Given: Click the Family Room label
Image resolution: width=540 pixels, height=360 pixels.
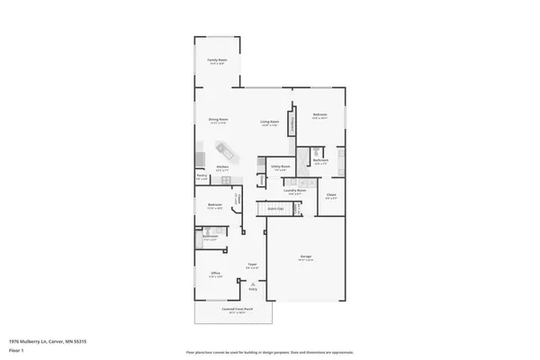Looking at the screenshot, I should coord(218,60).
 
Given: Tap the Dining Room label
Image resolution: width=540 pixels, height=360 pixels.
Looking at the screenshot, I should coord(218,121).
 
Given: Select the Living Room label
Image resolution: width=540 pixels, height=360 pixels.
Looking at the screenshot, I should coord(269,121).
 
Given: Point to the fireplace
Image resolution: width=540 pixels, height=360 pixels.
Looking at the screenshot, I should coord(292,125).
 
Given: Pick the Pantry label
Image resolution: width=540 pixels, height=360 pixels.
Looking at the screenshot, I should coord(202,176).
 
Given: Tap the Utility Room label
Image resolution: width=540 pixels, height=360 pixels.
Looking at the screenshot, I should coord(280,166).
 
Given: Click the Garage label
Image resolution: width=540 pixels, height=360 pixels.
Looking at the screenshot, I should coord(305,256).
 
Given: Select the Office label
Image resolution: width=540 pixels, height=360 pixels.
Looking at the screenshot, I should coord(216,274).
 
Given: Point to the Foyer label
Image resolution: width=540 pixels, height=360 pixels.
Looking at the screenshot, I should coord(253,265).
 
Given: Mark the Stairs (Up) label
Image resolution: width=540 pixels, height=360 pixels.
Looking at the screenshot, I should coord(275,209).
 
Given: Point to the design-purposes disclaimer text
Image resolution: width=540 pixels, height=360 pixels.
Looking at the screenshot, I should coord(270,352).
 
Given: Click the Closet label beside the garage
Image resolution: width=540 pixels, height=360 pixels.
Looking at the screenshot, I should coord(331,195).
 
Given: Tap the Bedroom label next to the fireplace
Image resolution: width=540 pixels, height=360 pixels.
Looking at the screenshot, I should coord(320,115).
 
